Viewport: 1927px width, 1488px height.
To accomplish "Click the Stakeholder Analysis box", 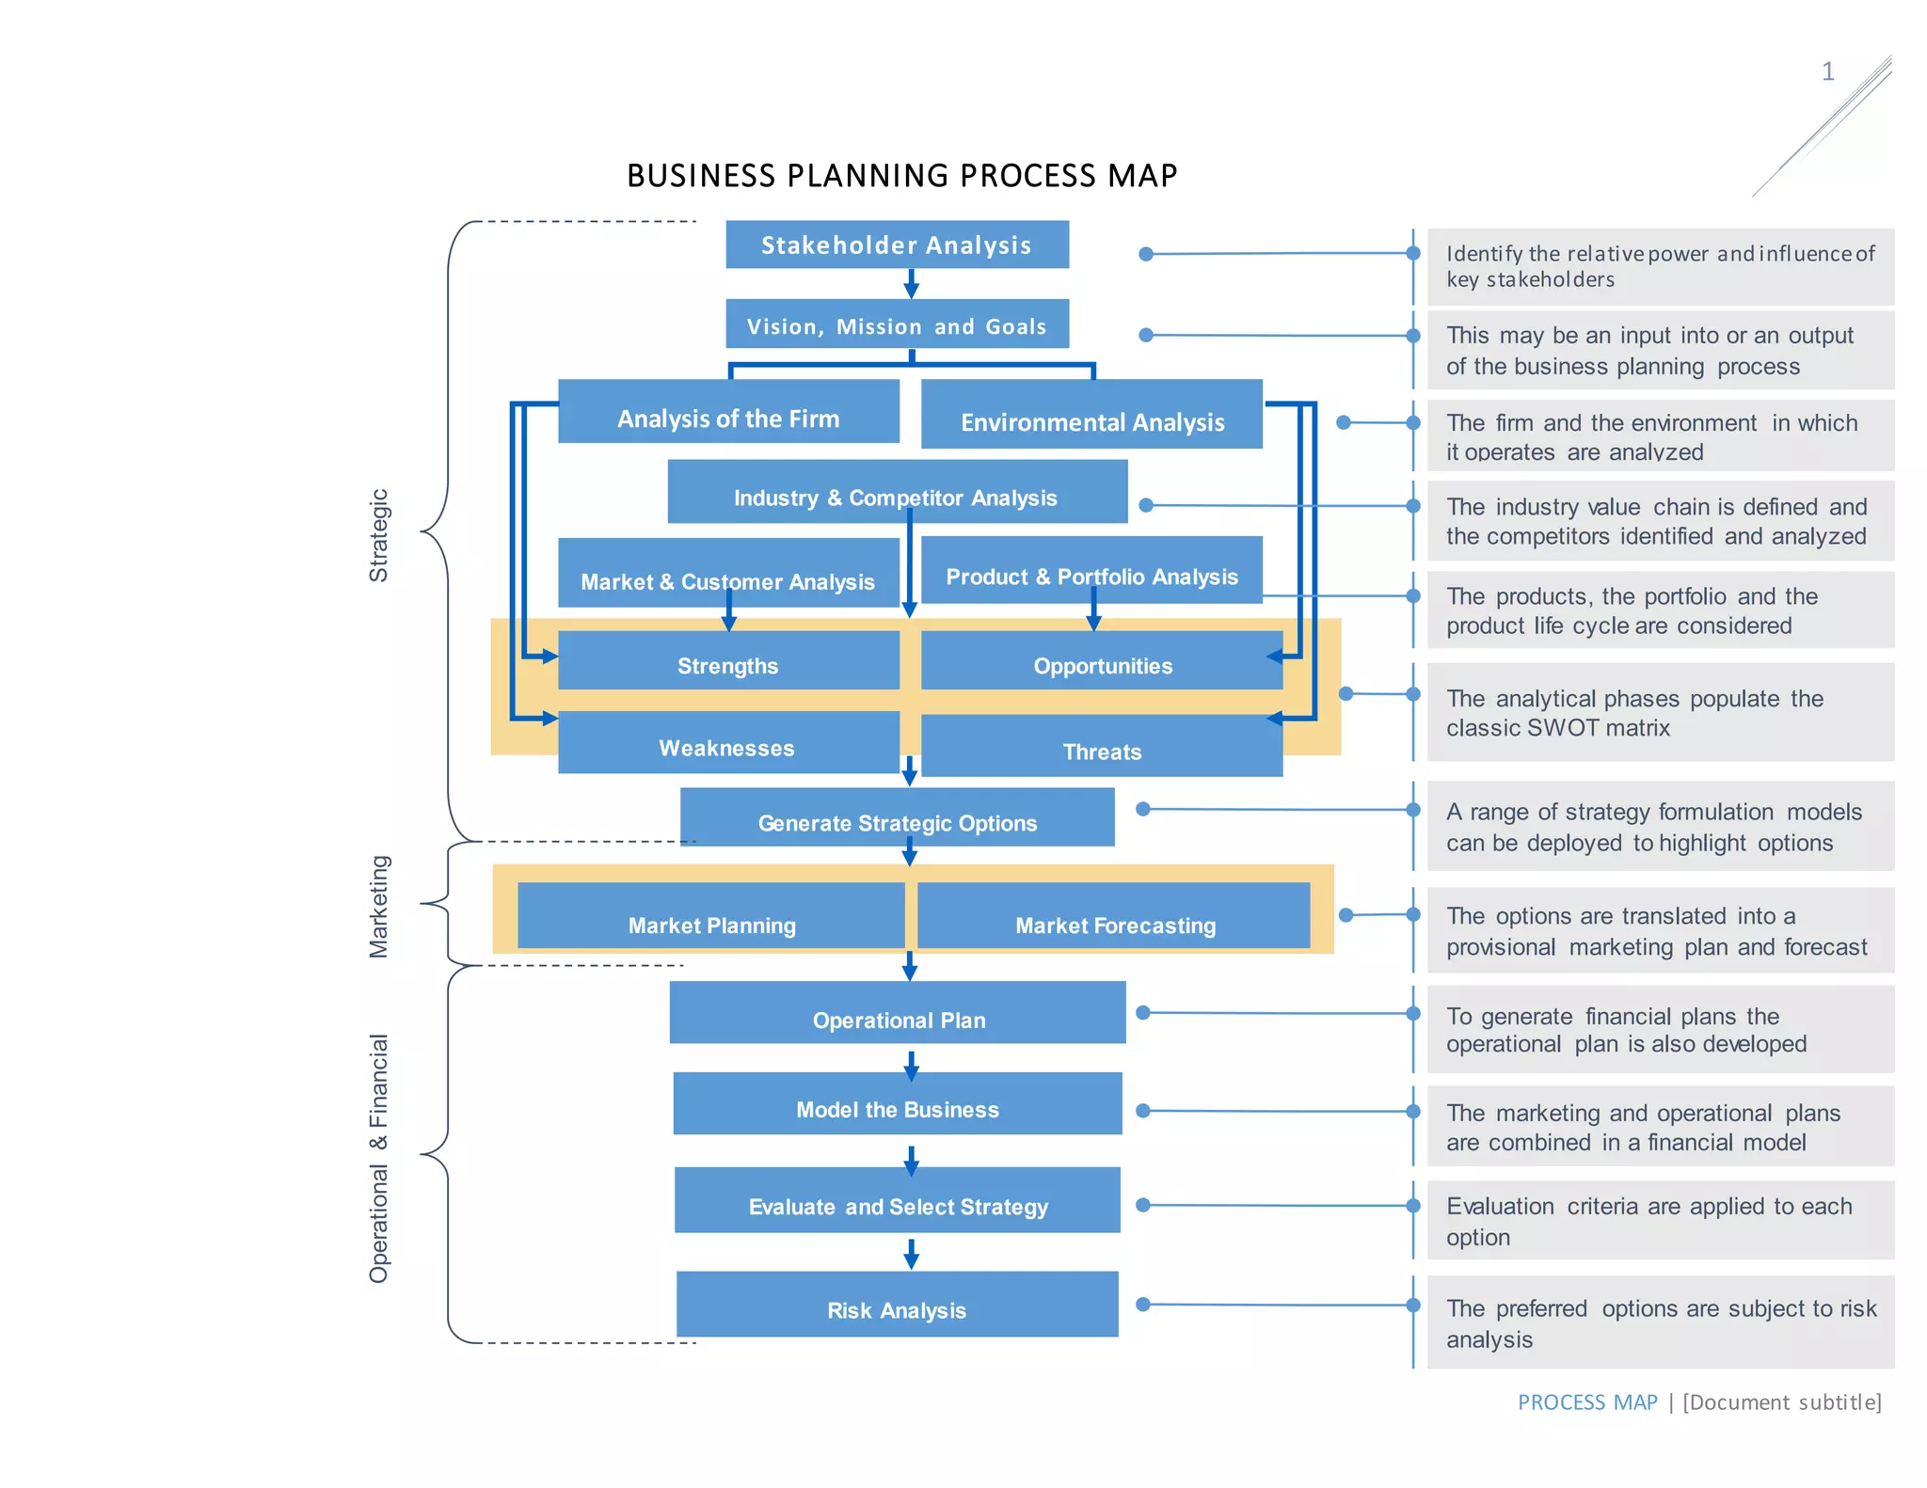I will [896, 245].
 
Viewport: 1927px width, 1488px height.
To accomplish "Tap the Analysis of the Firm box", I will [728, 413].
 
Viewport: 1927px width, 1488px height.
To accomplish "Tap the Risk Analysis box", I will [897, 1305].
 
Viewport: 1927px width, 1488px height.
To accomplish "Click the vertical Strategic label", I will [378, 535].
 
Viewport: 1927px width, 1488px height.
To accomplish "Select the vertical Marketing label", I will [378, 907].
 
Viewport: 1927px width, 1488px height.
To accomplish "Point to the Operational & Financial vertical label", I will [378, 1158].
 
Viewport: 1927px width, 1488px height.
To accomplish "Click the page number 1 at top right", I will [1827, 72].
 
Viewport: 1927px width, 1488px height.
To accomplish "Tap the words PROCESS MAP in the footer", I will [1587, 1402].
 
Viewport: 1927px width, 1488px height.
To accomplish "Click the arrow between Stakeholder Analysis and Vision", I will [911, 284].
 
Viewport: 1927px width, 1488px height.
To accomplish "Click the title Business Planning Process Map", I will [901, 176].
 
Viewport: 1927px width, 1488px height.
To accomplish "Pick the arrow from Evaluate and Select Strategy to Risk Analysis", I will [911, 1254].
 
